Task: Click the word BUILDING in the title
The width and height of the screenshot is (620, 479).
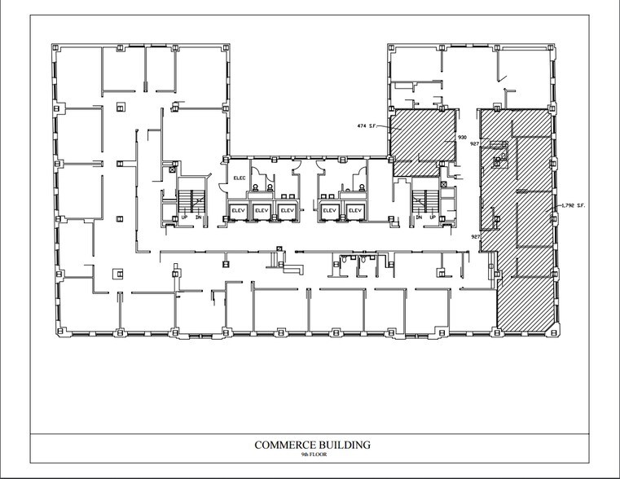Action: tap(345, 445)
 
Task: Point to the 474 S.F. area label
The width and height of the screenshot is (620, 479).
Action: tap(369, 126)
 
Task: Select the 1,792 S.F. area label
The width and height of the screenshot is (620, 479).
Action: tap(573, 205)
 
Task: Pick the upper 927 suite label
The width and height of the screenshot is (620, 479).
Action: tap(474, 144)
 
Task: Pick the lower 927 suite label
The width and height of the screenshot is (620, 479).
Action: tap(476, 236)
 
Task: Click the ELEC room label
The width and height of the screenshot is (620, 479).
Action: tap(240, 177)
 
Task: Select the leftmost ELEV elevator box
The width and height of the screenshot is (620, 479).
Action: tap(239, 211)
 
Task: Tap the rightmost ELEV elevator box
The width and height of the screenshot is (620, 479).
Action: tap(354, 211)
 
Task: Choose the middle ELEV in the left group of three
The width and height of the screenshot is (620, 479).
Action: tap(262, 211)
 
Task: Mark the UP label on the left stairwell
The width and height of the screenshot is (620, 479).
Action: tap(184, 218)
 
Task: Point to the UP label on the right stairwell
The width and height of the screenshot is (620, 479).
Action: tap(432, 218)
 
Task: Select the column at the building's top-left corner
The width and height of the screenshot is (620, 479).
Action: tap(56, 48)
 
